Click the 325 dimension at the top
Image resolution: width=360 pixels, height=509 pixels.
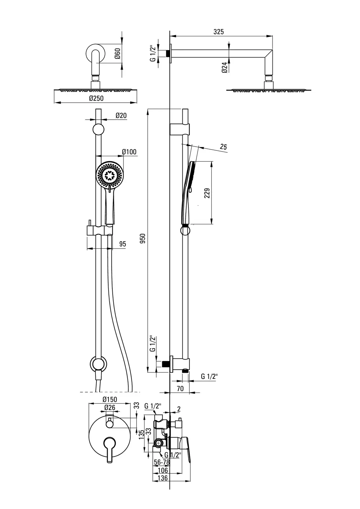(x=219, y=32)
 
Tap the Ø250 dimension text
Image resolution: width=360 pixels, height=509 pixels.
(x=96, y=98)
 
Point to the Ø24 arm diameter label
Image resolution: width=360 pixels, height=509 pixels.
(x=224, y=67)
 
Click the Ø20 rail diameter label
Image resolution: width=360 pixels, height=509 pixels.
(x=121, y=115)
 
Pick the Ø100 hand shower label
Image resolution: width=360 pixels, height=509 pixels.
(x=129, y=152)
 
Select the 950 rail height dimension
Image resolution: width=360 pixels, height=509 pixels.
(x=143, y=238)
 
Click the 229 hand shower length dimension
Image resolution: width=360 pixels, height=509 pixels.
(x=207, y=193)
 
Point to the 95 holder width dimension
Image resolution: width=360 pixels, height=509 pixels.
(x=123, y=244)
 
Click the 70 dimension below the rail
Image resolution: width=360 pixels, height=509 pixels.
(x=180, y=388)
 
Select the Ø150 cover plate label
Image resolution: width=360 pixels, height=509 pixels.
(x=110, y=400)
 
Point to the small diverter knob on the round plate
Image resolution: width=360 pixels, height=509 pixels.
(x=109, y=423)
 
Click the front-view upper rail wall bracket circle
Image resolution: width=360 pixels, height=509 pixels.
(x=98, y=129)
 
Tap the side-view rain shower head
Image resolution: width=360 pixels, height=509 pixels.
(x=268, y=90)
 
